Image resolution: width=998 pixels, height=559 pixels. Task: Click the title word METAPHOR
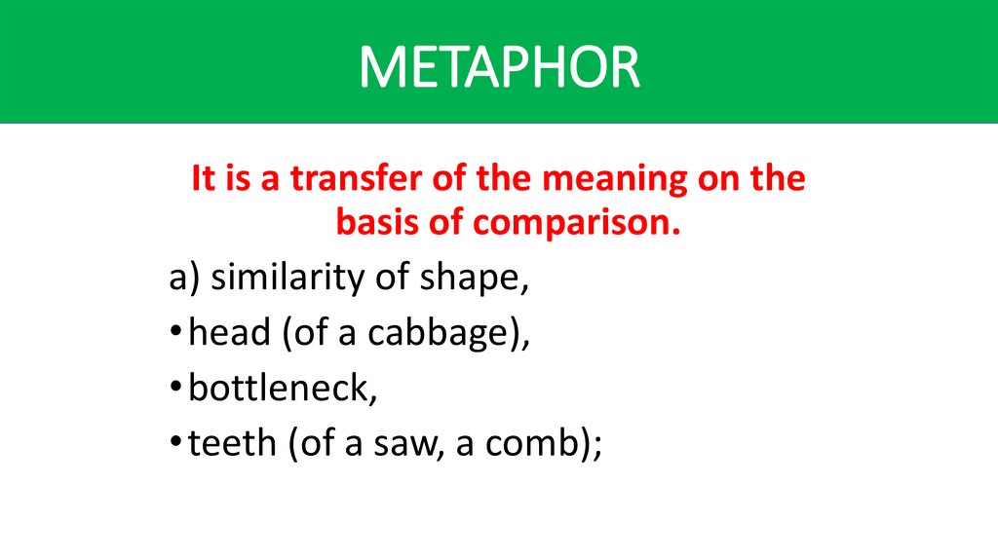pos(499,66)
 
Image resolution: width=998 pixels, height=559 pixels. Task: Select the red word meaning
pos(592,180)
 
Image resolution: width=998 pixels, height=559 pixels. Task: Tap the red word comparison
pos(576,223)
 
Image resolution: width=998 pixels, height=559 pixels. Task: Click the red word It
pos(203,180)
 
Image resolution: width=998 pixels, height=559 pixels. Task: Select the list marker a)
pos(183,279)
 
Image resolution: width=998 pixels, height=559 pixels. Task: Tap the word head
pos(229,334)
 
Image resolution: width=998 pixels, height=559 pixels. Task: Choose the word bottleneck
pos(279,390)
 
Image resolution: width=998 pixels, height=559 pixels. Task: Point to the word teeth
pos(229,444)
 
